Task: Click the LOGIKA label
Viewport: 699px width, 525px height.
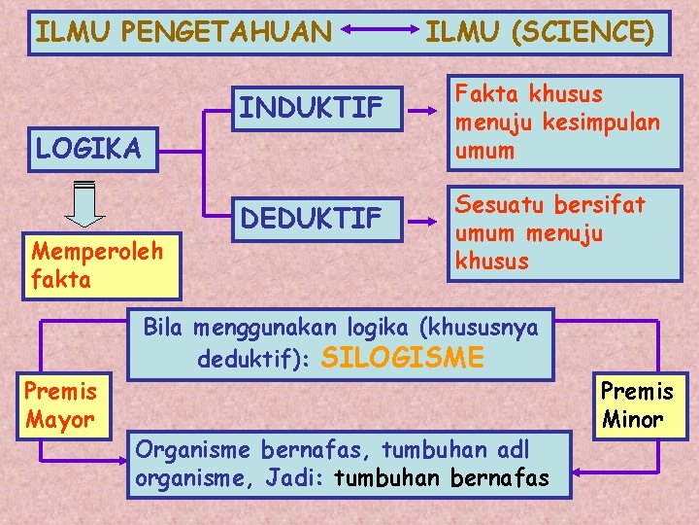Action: click(87, 149)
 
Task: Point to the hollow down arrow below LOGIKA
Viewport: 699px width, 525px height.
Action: click(85, 204)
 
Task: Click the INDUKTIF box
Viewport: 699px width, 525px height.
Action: click(312, 109)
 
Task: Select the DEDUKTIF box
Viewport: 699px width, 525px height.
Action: click(312, 220)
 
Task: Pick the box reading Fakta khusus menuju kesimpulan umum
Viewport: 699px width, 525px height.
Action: click(563, 122)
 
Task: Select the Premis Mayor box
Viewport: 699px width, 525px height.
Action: click(61, 405)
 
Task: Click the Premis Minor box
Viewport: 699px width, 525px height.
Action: click(637, 405)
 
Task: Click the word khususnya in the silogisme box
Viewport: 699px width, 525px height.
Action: click(489, 328)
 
